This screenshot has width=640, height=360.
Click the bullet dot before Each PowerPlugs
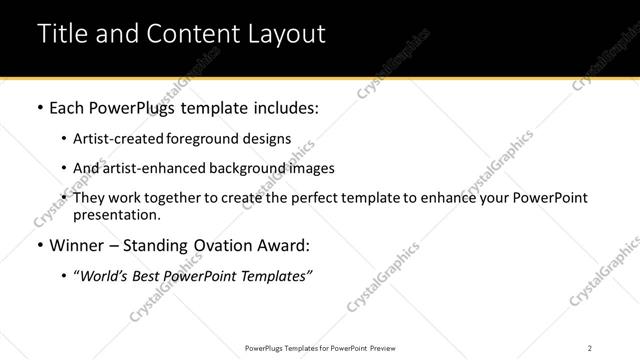[39, 107]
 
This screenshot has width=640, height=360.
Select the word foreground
[197, 139]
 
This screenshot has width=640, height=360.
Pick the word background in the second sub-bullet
[244, 168]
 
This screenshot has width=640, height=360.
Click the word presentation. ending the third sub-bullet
[116, 214]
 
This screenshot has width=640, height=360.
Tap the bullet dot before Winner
[39, 245]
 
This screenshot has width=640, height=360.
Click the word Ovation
[222, 245]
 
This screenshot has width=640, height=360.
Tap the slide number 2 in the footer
[589, 347]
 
